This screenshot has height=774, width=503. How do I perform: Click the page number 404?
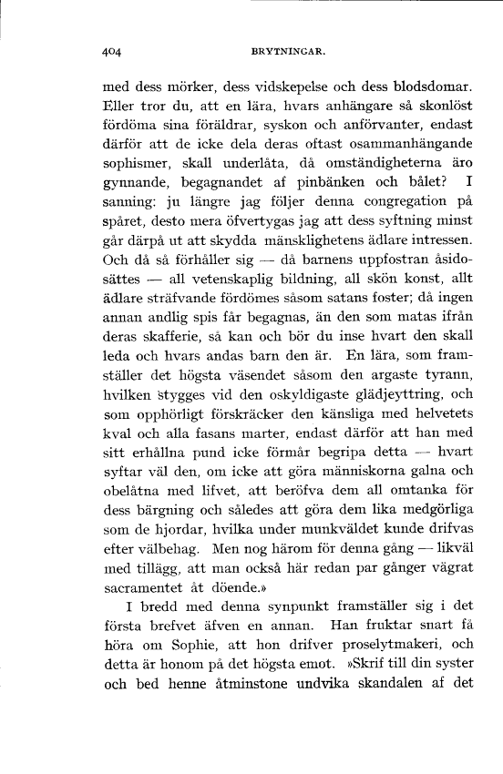pyautogui.click(x=113, y=53)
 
